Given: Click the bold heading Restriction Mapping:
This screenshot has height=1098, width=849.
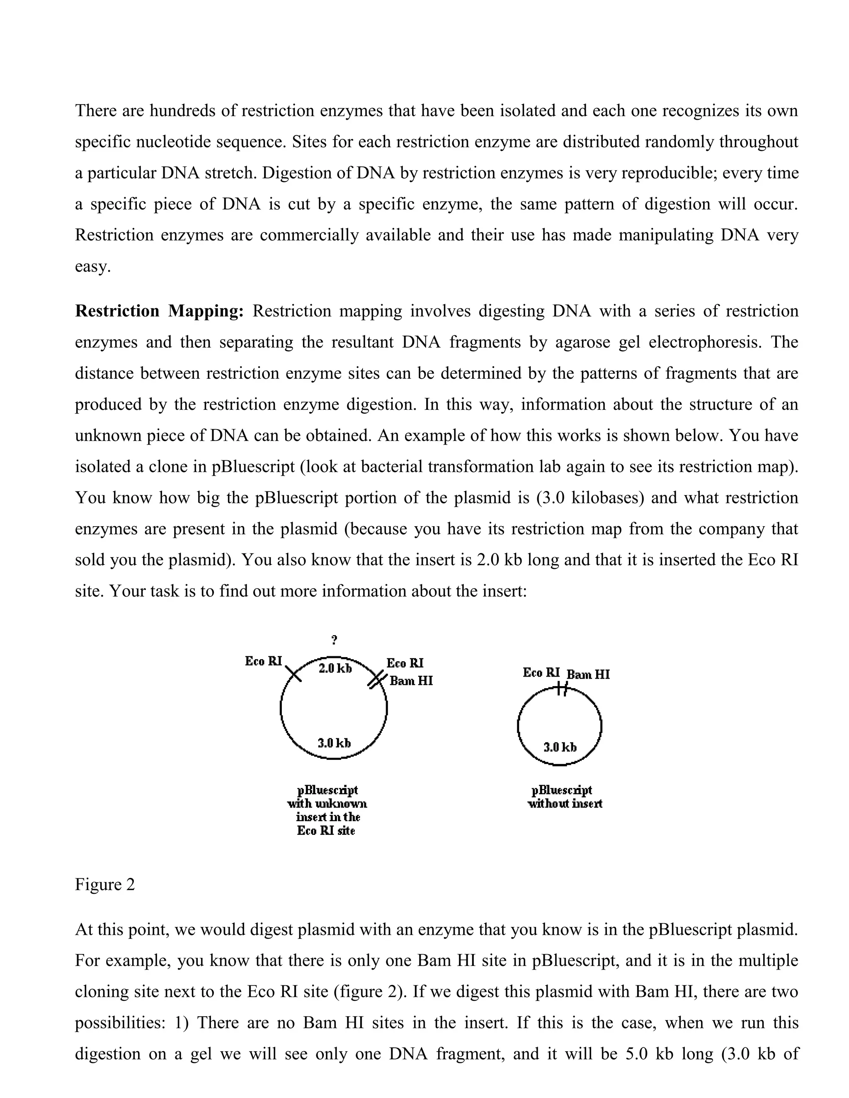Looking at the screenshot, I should tap(159, 311).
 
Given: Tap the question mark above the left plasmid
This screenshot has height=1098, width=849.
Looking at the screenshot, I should tap(335, 640).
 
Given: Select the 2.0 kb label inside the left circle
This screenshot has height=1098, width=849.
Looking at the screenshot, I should tap(335, 668).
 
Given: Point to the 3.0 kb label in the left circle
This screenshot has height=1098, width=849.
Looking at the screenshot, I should tap(334, 742).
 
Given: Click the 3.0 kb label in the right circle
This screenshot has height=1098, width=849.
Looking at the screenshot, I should tap(560, 747).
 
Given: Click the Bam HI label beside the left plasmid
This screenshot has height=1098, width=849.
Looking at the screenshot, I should tap(411, 681).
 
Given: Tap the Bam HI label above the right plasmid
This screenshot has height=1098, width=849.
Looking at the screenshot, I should tap(588, 674).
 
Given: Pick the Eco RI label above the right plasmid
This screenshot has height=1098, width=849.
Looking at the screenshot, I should tap(541, 672).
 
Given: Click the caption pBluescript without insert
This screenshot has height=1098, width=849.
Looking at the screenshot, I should tap(564, 797).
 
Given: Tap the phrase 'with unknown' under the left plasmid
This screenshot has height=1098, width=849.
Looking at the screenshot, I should tap(327, 803).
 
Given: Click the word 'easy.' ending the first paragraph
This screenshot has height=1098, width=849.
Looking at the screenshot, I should tap(92, 266).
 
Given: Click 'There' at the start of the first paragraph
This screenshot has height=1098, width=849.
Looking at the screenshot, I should tap(96, 111).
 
